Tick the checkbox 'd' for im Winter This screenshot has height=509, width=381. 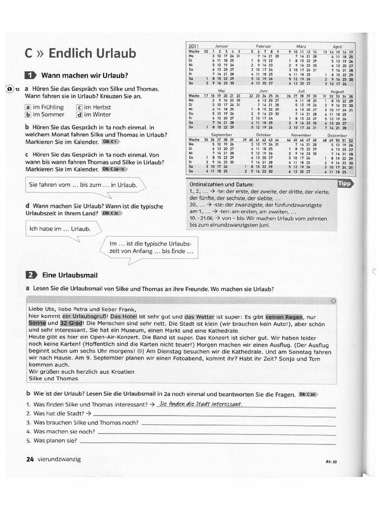coord(79,115)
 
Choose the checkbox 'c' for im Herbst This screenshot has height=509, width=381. coord(79,107)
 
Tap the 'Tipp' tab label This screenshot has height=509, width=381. coord(344,183)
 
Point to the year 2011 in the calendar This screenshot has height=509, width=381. coord(193,46)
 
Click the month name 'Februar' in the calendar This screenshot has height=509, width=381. coord(264,46)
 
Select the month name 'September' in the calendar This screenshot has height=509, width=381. coord(221,135)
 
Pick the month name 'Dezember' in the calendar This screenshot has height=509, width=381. coord(338,135)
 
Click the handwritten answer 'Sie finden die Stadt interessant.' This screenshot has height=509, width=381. coord(199,404)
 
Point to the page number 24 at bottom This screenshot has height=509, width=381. coord(29,459)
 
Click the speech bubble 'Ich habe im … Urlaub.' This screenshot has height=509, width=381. coord(60,229)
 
